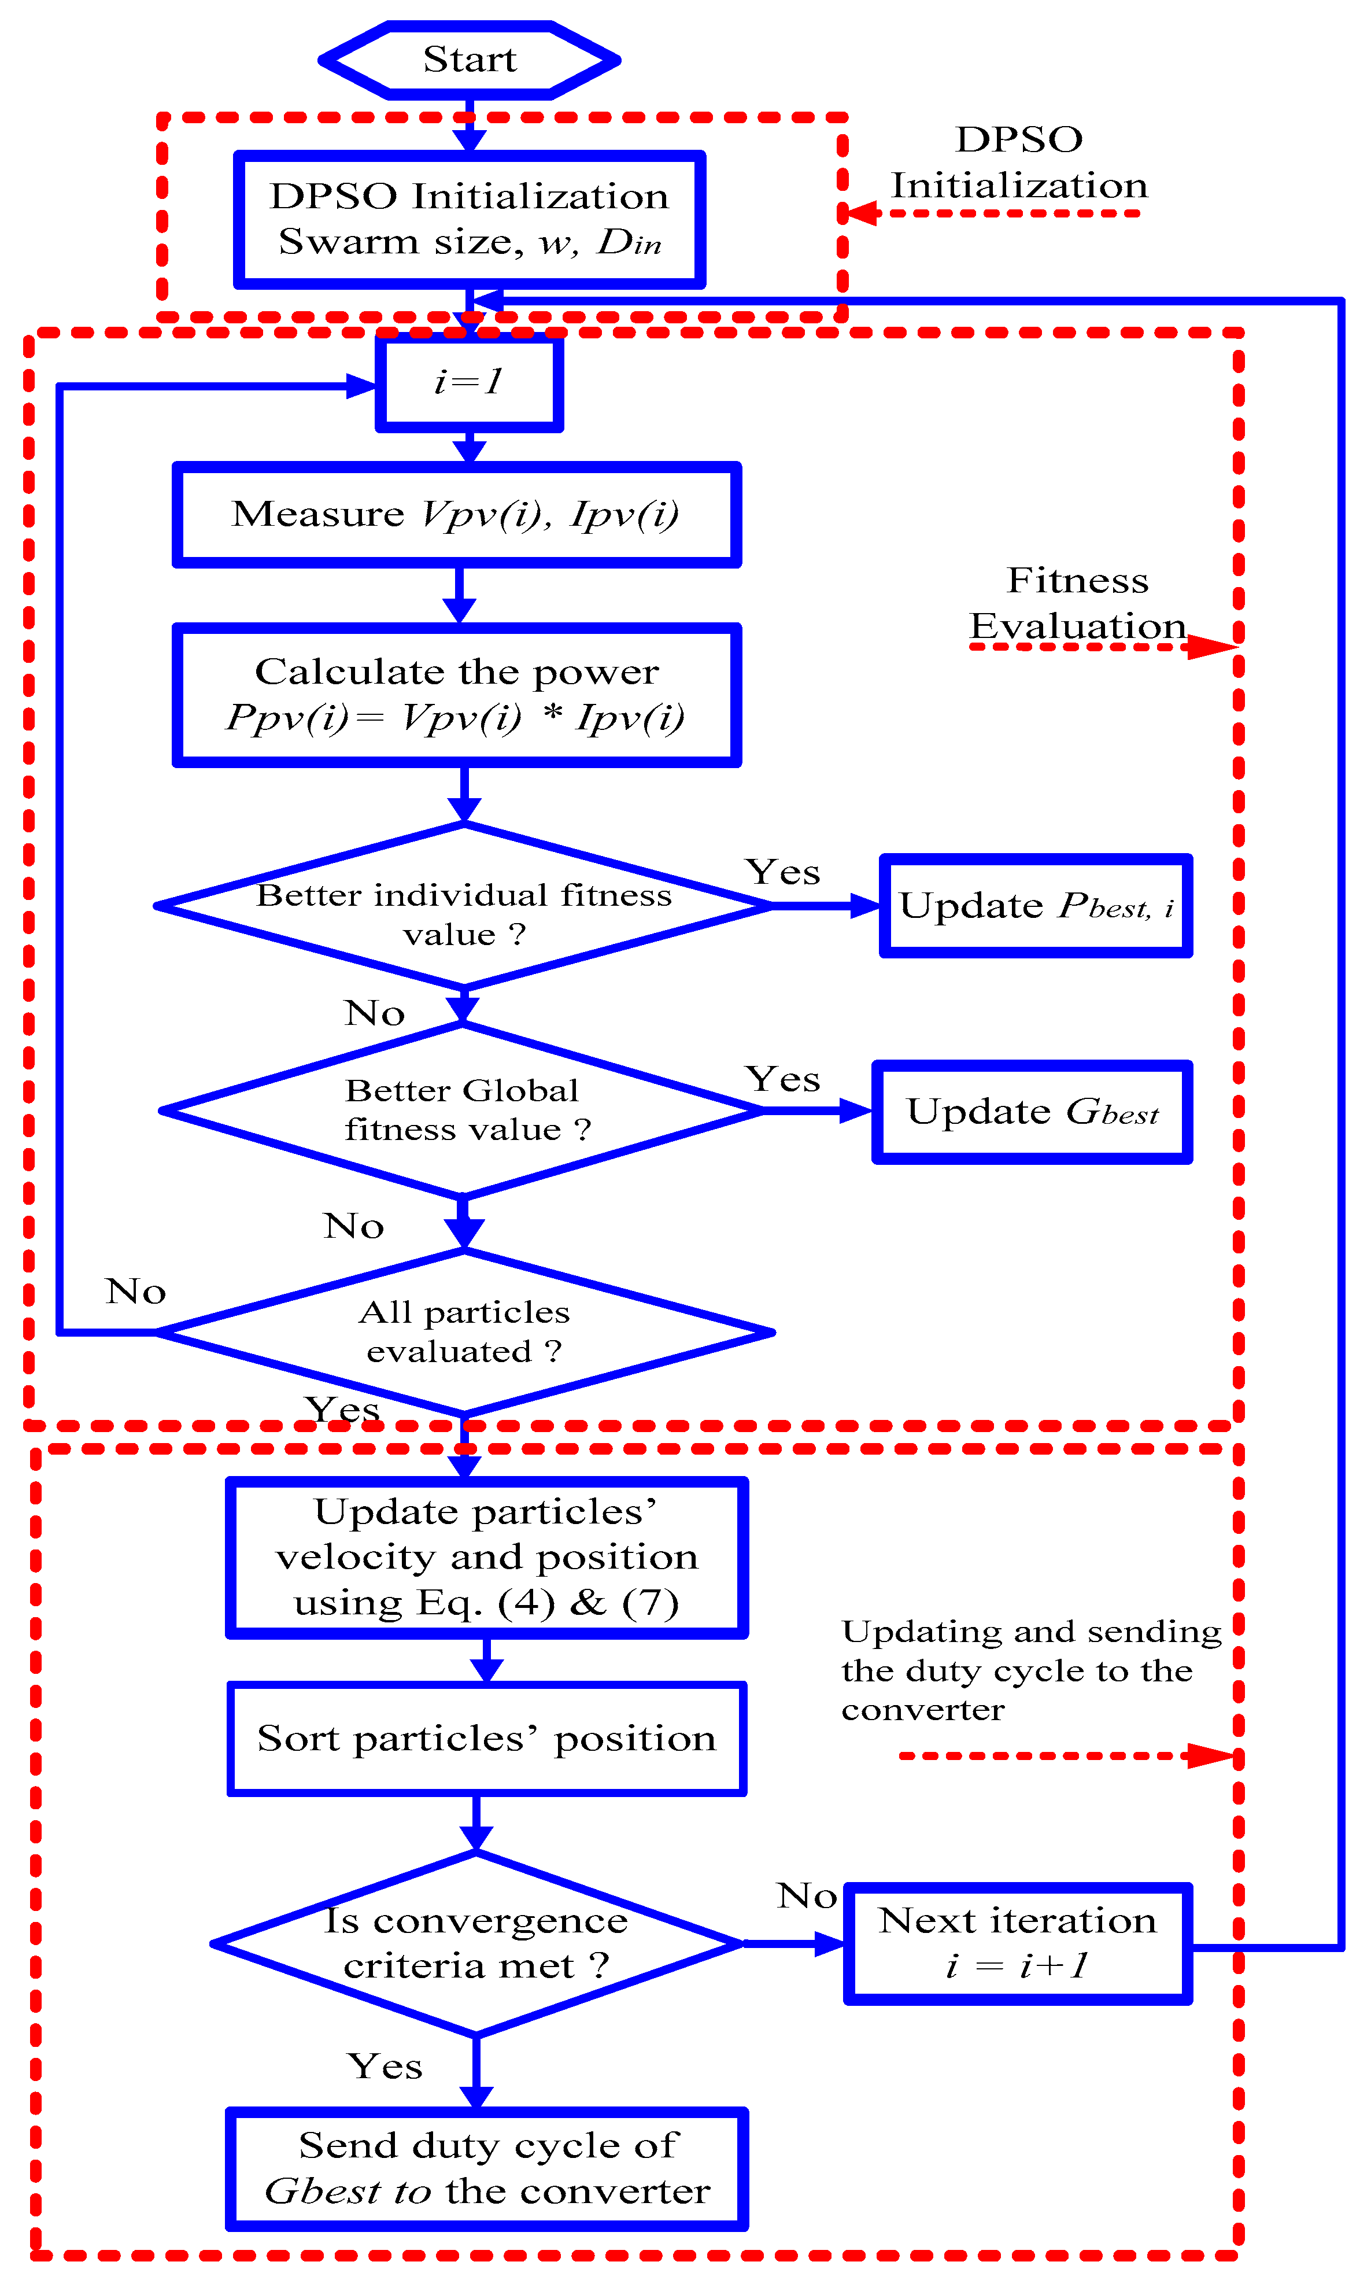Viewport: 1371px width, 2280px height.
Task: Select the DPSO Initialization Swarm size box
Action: click(x=470, y=220)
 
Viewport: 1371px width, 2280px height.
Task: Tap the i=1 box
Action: click(x=470, y=382)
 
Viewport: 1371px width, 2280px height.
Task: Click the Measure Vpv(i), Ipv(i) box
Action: click(x=456, y=515)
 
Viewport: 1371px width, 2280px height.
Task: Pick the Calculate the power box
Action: click(x=456, y=695)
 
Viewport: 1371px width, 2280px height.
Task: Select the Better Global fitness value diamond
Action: click(x=462, y=1111)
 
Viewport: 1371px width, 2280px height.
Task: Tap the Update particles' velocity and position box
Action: click(x=487, y=1558)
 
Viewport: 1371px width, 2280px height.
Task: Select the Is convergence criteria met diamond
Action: click(x=476, y=1944)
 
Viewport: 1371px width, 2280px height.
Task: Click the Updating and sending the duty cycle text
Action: click(x=1030, y=1670)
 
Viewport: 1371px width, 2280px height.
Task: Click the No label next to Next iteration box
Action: click(x=807, y=1896)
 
